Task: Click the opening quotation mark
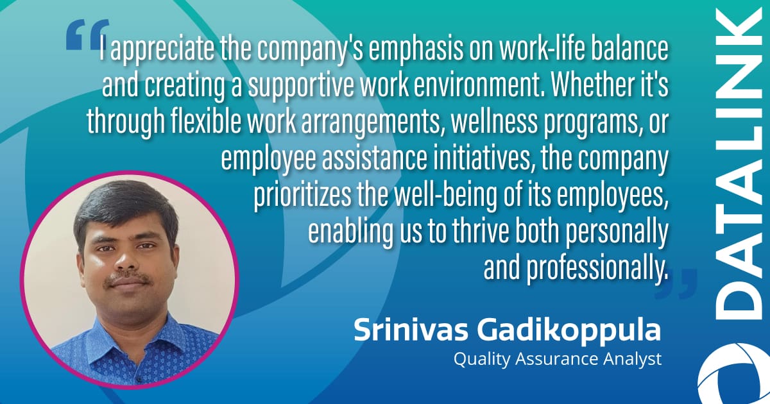pyautogui.click(x=87, y=35)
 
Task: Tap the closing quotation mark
pyautogui.click(x=676, y=283)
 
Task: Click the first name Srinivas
pyautogui.click(x=411, y=330)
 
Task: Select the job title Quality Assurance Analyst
pyautogui.click(x=557, y=360)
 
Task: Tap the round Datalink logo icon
pyautogui.click(x=734, y=373)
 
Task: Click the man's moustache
pyautogui.click(x=128, y=278)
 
